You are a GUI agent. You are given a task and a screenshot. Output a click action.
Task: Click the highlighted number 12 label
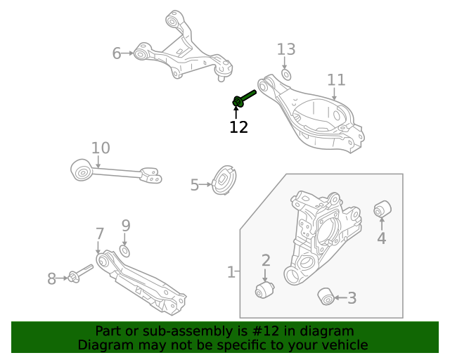click(x=238, y=127)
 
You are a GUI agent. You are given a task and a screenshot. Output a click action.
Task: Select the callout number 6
click(x=117, y=53)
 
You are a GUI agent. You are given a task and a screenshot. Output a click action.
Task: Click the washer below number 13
click(x=286, y=74)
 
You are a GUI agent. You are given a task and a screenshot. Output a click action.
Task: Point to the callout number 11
click(x=336, y=79)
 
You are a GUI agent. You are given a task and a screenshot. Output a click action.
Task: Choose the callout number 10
click(x=101, y=148)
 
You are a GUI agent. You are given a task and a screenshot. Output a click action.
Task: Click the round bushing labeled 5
click(x=224, y=181)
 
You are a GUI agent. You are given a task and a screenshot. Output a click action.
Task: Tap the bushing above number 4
click(x=382, y=209)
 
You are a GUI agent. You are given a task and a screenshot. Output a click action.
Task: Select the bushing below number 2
click(x=264, y=290)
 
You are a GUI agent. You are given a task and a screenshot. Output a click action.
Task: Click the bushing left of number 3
click(x=326, y=297)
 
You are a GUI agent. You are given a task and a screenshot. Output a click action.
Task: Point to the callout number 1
click(x=231, y=271)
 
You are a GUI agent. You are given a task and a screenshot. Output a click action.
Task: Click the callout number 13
click(x=286, y=49)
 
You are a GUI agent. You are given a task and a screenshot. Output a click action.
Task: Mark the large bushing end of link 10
click(x=82, y=169)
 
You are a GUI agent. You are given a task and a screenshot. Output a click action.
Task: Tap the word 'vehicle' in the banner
click(x=343, y=345)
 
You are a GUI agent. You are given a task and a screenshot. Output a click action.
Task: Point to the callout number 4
click(x=381, y=238)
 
